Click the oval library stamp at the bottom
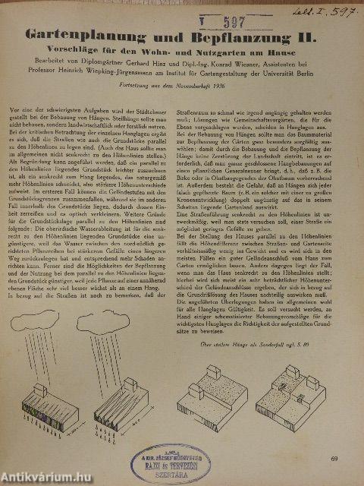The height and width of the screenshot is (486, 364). pyautogui.click(x=170, y=459)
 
